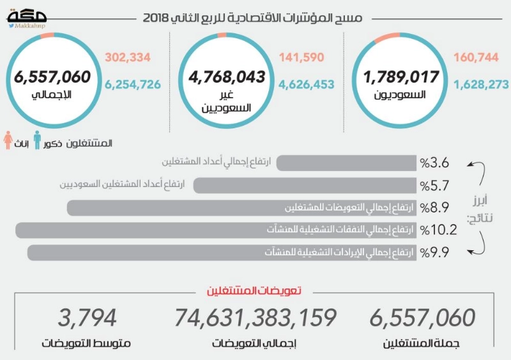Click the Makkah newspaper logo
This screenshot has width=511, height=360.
(27, 19)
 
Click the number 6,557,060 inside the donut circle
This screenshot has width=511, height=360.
(52, 77)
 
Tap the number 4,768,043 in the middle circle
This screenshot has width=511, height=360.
(227, 77)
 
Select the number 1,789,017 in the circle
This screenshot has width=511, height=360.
(401, 77)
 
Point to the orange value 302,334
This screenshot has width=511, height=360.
(128, 57)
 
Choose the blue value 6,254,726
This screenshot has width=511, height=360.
(133, 84)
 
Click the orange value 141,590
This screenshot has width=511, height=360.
(301, 57)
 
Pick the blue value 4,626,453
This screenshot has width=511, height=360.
(307, 84)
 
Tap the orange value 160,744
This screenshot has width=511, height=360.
(476, 57)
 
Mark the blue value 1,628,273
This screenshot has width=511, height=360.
(482, 84)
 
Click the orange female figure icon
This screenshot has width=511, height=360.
(8, 140)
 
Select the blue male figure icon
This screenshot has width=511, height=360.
(38, 140)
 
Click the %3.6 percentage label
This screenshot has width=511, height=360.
(434, 163)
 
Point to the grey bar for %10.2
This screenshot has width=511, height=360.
(216, 230)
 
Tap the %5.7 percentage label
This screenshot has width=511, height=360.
(434, 186)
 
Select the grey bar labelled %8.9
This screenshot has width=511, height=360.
(241, 208)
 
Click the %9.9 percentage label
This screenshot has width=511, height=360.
(434, 253)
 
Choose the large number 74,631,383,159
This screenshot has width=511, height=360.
(256, 318)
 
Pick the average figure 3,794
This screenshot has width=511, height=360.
(87, 318)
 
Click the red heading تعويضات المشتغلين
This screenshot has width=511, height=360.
(254, 290)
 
